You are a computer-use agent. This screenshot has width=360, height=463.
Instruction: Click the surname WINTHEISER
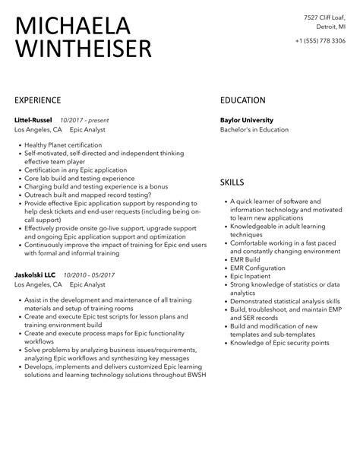(x=84, y=49)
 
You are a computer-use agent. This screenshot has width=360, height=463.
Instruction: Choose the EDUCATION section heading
(x=242, y=100)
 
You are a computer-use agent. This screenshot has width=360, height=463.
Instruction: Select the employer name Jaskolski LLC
(x=35, y=274)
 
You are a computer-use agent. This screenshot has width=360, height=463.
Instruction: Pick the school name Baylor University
(x=246, y=119)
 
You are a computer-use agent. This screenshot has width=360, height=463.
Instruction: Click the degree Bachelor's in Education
(x=254, y=129)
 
